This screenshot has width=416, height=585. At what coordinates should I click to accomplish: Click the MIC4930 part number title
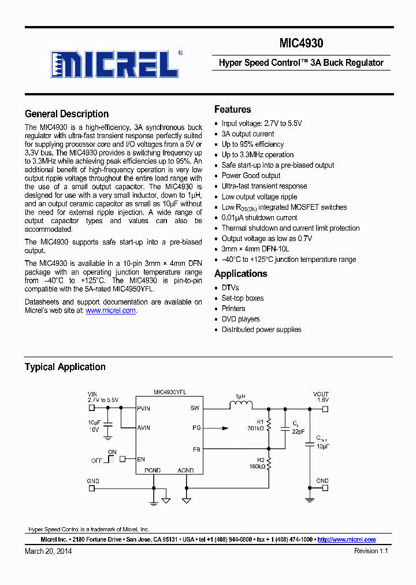pyautogui.click(x=301, y=43)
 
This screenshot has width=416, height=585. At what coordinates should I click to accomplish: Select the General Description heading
pyautogui.click(x=66, y=114)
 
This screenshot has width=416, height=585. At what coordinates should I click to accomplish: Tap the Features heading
pyautogui.click(x=232, y=109)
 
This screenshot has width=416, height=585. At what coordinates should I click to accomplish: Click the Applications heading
pyautogui.click(x=240, y=273)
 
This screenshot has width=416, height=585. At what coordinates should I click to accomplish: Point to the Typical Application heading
pyautogui.click(x=65, y=367)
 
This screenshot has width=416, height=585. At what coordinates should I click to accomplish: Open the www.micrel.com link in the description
pyautogui.click(x=110, y=310)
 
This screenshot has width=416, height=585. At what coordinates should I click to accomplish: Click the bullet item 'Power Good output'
pyautogui.click(x=251, y=176)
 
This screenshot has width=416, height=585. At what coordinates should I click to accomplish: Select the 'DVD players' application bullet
pyautogui.click(x=240, y=319)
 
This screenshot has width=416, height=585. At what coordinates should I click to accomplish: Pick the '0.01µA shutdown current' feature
pyautogui.click(x=259, y=218)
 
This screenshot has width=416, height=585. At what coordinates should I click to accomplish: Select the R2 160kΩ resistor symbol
pyautogui.click(x=269, y=463)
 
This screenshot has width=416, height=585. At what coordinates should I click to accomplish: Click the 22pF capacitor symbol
pyautogui.click(x=285, y=429)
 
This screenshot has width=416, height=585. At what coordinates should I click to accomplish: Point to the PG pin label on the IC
pyautogui.click(x=196, y=428)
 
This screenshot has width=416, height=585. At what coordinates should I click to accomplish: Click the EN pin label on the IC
pyautogui.click(x=142, y=459)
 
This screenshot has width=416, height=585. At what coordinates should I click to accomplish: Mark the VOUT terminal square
pyautogui.click(x=325, y=408)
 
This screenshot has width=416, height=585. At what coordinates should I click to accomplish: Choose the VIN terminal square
pyautogui.click(x=91, y=408)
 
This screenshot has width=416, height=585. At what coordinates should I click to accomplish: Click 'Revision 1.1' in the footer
pyautogui.click(x=371, y=551)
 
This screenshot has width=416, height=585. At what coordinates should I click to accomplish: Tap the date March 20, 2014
pyautogui.click(x=49, y=551)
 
